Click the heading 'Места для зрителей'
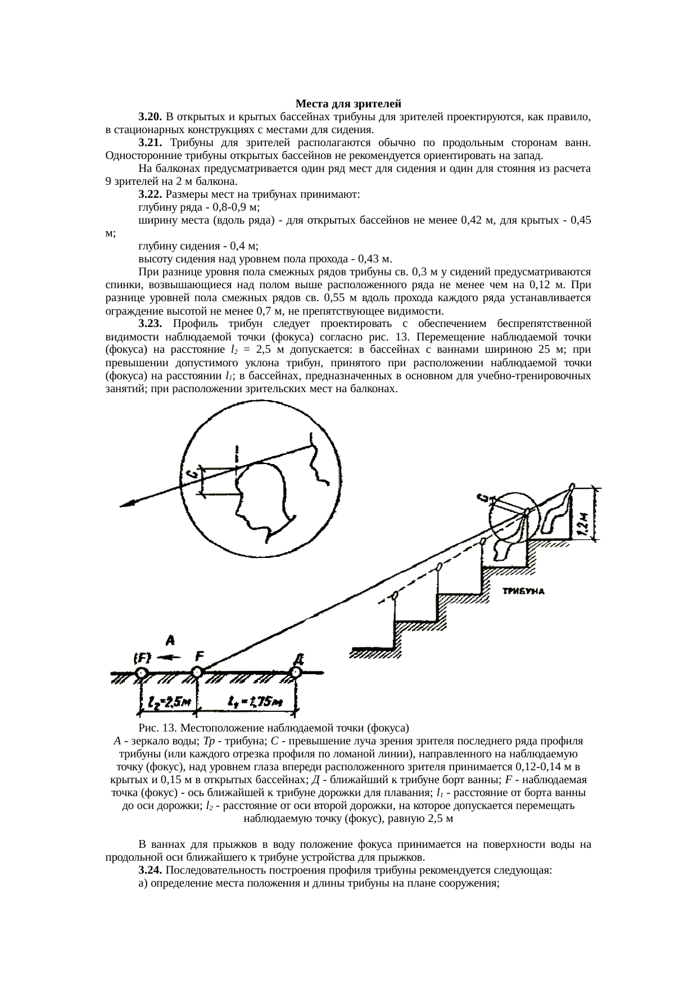click(348, 104)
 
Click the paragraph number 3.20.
click(150, 117)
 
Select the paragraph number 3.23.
click(150, 324)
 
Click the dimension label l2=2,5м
click(168, 703)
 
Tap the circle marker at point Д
click(295, 673)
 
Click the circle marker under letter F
click(197, 673)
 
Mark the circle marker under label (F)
click(142, 673)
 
